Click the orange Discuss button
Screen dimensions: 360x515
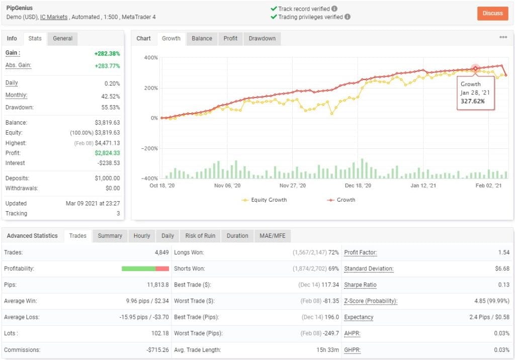coord(492,13)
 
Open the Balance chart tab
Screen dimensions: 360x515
coord(202,38)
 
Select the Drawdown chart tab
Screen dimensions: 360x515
coord(262,38)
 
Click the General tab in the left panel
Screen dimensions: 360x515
coord(63,38)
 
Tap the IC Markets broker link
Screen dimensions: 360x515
coord(54,17)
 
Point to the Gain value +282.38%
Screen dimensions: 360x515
coord(107,53)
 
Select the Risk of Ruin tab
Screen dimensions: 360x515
coord(200,236)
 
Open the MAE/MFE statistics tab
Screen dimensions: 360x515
coord(272,236)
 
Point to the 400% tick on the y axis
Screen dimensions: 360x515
coord(151,58)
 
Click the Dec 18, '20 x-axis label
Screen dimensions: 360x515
coord(359,186)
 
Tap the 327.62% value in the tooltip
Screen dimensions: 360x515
coord(474,101)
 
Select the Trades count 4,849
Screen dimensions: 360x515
coord(161,252)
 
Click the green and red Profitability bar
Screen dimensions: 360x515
coord(145,268)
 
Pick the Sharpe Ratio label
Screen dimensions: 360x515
coord(360,285)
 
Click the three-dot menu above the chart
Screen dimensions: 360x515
coord(503,37)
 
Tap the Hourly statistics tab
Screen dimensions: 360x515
coord(142,236)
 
